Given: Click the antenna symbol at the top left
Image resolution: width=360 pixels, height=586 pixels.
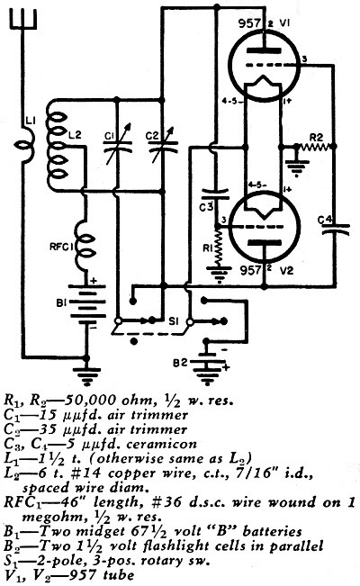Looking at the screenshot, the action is coord(23,20).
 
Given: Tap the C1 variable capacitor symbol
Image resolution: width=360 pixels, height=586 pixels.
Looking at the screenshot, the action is coord(117,146).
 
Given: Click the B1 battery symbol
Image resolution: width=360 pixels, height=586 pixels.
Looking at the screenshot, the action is coord(86,303).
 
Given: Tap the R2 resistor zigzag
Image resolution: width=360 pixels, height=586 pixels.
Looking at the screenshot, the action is coord(315,147).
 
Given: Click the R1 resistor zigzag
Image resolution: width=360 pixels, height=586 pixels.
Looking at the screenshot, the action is coord(216,247).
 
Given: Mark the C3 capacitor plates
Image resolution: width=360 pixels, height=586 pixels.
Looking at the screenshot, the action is coord(215,194).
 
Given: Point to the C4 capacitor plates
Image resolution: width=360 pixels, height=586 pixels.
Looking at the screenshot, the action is coord(336,229).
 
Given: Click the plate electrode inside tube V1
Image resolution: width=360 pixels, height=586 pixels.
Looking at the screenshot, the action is coord(265,50).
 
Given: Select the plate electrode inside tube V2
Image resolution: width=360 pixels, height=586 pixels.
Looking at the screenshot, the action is coord(265,242).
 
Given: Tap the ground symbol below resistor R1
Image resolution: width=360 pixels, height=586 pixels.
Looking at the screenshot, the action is coord(217,275).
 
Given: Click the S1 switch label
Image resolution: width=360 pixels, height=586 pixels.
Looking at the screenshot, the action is coord(173,321).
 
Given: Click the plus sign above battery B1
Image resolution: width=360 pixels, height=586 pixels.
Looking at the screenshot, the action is coord(93,280).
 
